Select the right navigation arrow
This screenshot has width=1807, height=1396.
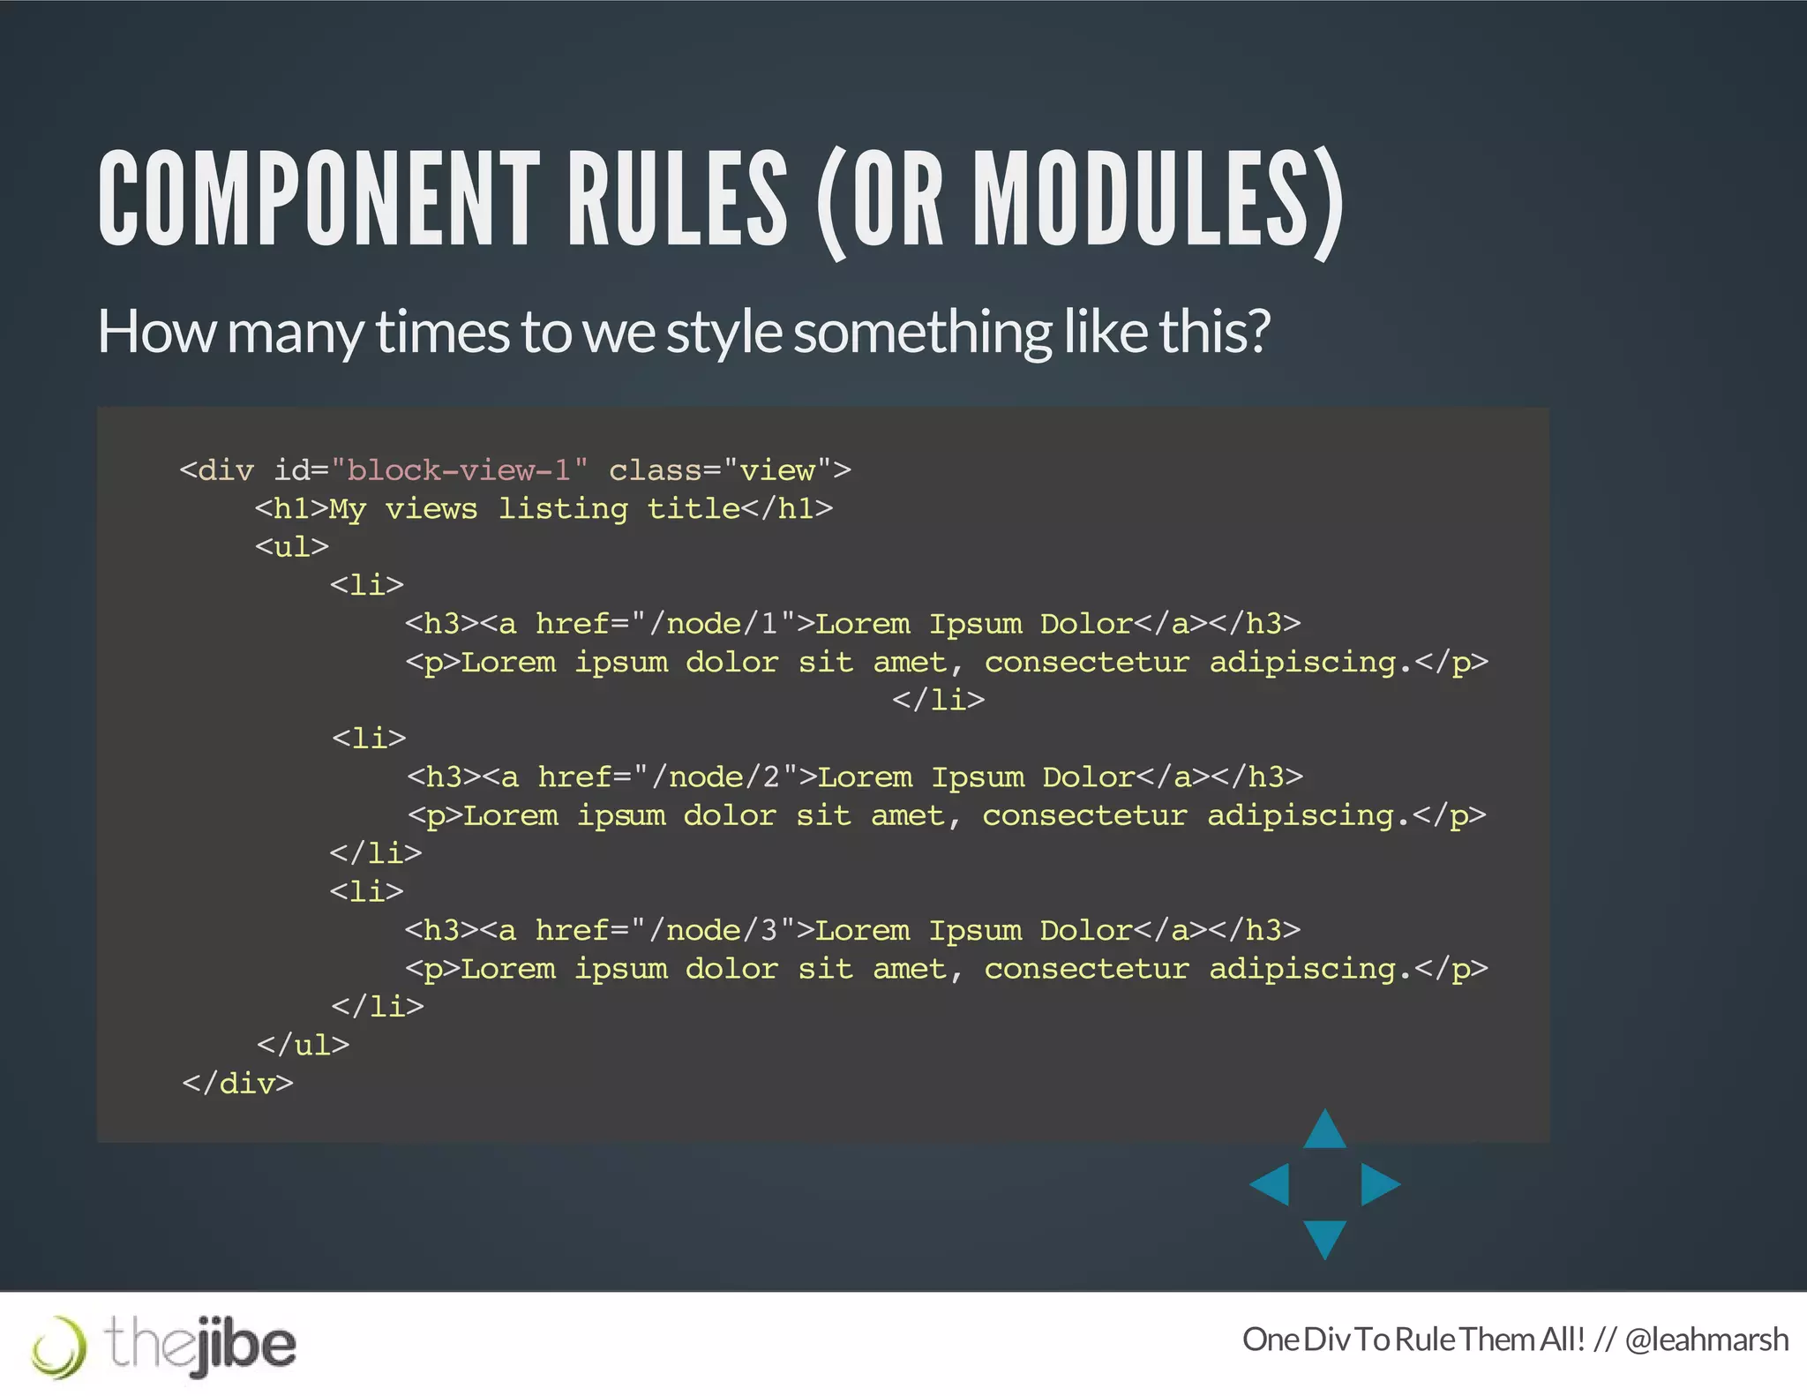pos(1378,1184)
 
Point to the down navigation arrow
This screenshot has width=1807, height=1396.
pos(1324,1236)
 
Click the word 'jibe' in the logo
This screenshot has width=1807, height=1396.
pos(244,1345)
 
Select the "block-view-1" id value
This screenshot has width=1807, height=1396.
pos(459,470)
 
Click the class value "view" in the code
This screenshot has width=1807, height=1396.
pos(777,470)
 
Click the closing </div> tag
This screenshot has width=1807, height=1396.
pos(237,1084)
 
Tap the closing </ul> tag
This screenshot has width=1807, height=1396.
pos(303,1046)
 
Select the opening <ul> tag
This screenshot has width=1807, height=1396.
pos(292,547)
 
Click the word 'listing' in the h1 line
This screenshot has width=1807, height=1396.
pos(563,509)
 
